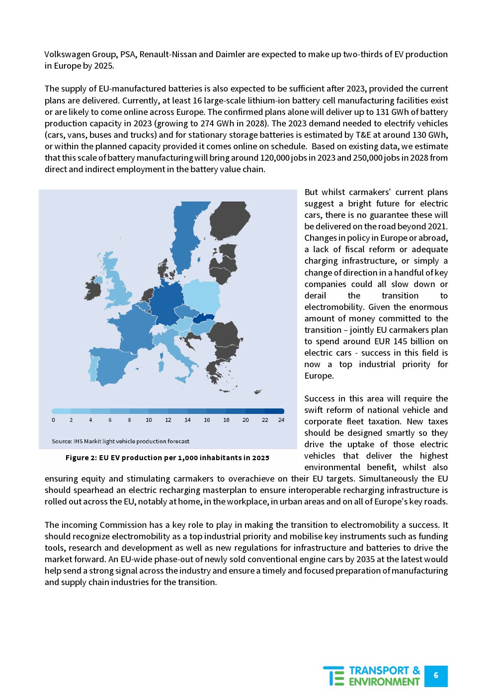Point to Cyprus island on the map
(258, 392)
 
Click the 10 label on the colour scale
(149, 420)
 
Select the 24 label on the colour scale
(281, 420)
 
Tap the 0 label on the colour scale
(54, 420)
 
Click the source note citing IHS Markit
(120, 441)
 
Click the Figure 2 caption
(167, 458)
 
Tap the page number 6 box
(436, 676)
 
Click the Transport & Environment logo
(372, 676)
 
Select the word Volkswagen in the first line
(67, 54)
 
